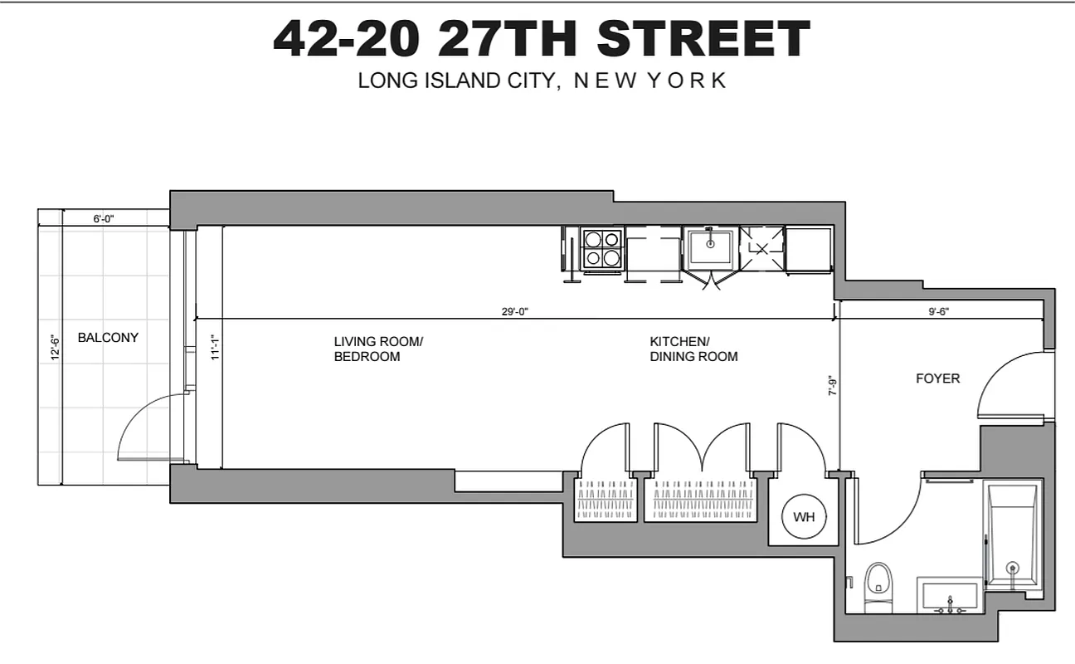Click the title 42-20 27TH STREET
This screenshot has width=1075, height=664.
click(x=541, y=38)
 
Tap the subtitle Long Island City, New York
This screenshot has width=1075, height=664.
click(x=542, y=81)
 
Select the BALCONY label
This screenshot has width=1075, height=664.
click(x=108, y=338)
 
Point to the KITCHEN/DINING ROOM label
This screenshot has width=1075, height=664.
click(x=693, y=349)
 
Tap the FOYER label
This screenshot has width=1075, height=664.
click(x=937, y=378)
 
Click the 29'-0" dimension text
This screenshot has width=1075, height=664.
click(x=514, y=312)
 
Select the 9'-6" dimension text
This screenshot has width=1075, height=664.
click(x=939, y=312)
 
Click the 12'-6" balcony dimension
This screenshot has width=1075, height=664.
click(x=55, y=347)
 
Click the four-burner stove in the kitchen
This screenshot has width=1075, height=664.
click(x=602, y=248)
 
